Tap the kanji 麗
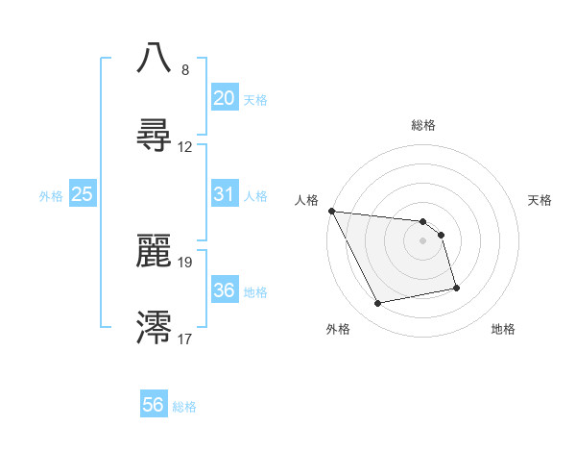(155, 252)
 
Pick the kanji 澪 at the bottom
(155, 328)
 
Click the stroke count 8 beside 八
(184, 70)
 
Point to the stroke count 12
(185, 147)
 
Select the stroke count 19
(185, 262)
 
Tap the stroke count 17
(185, 338)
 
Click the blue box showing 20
(224, 97)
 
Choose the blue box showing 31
(224, 194)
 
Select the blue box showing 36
(224, 290)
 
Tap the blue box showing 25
(83, 194)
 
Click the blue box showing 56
(153, 405)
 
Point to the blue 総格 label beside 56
(184, 407)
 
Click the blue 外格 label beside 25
(51, 196)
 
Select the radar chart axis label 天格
(540, 200)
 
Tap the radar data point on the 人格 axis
(331, 211)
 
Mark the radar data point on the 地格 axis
(456, 287)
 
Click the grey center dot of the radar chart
(422, 240)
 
